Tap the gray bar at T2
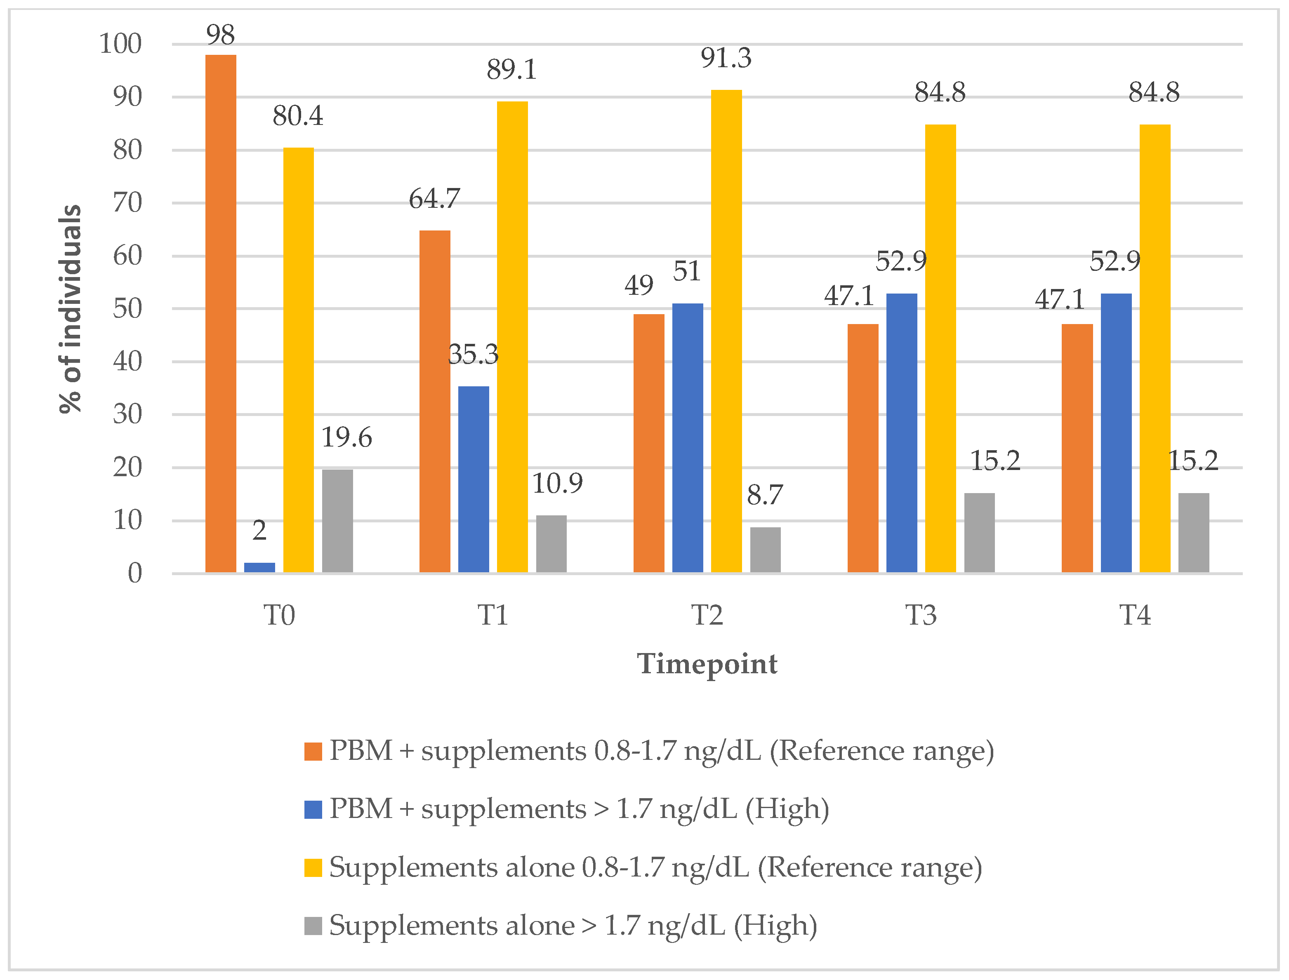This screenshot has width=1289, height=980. pyautogui.click(x=765, y=550)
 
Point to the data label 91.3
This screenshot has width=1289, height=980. pyautogui.click(x=726, y=58)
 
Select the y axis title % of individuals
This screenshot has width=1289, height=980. pyautogui.click(x=71, y=309)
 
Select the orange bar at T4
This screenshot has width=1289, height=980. pyautogui.click(x=1077, y=448)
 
